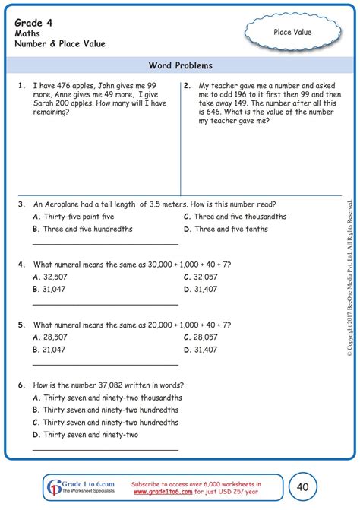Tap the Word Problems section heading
click(x=181, y=65)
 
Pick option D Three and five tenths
click(x=230, y=229)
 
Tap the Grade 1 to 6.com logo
click(x=75, y=486)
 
